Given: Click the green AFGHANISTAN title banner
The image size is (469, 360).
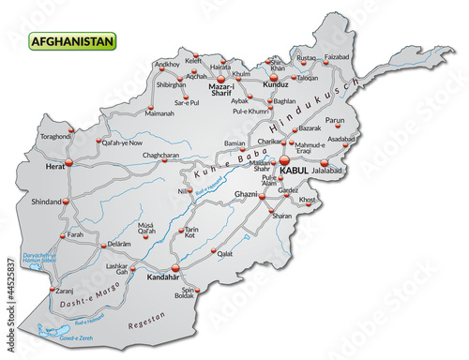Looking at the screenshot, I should [72, 41].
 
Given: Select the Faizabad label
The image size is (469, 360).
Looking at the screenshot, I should [337, 57].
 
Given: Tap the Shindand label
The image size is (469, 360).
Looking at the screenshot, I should [47, 201].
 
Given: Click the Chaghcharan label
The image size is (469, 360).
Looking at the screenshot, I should [160, 156].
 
